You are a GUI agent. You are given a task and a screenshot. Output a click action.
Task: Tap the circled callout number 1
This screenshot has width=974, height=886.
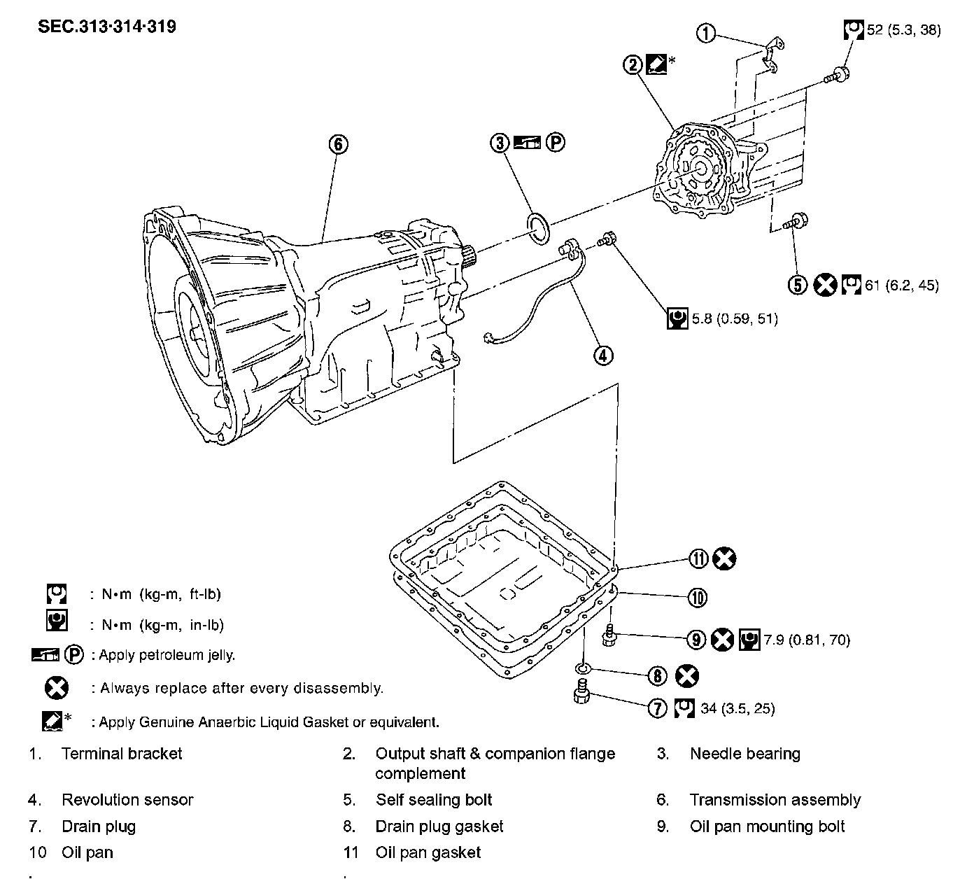tap(707, 32)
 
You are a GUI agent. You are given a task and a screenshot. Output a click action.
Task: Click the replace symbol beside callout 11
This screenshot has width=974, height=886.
tap(724, 558)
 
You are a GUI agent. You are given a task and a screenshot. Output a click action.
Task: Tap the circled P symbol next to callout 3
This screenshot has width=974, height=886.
tap(555, 143)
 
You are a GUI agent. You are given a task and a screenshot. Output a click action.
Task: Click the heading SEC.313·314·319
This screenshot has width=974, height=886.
tap(107, 27)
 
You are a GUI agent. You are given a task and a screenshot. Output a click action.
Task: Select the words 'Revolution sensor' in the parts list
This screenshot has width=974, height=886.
tap(127, 800)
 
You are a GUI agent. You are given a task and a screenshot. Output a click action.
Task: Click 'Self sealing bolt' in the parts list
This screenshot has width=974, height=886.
tap(434, 800)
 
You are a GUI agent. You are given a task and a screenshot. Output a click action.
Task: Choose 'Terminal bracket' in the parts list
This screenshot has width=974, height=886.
tap(122, 754)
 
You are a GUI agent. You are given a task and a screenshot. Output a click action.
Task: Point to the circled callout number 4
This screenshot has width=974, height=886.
tap(603, 356)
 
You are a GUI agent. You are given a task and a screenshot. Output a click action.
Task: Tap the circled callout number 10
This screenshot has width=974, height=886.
tap(697, 597)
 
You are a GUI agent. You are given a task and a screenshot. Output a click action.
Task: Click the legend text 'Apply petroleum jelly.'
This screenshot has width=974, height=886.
tap(167, 655)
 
